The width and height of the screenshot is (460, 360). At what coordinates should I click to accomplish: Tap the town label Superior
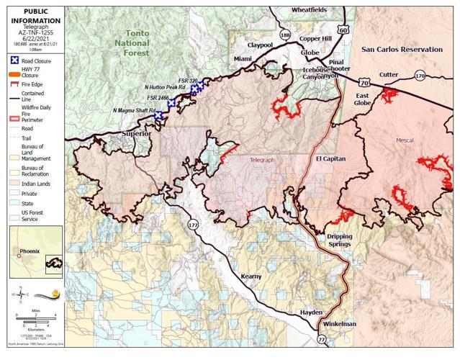coord(136,134)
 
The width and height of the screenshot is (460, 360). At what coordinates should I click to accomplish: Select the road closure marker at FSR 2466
coord(171,104)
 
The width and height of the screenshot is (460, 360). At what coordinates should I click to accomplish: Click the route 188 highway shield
coord(286,35)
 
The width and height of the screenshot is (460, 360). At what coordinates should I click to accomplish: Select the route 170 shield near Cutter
coord(420,75)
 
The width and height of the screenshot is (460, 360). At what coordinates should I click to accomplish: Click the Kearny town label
coord(251,276)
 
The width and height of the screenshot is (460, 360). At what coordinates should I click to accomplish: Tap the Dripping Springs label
coord(340,240)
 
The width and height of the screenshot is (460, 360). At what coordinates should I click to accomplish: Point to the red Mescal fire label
coord(406,140)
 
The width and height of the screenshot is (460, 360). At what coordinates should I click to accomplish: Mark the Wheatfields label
coord(309,9)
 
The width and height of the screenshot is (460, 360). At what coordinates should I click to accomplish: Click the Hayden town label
coord(311,312)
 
